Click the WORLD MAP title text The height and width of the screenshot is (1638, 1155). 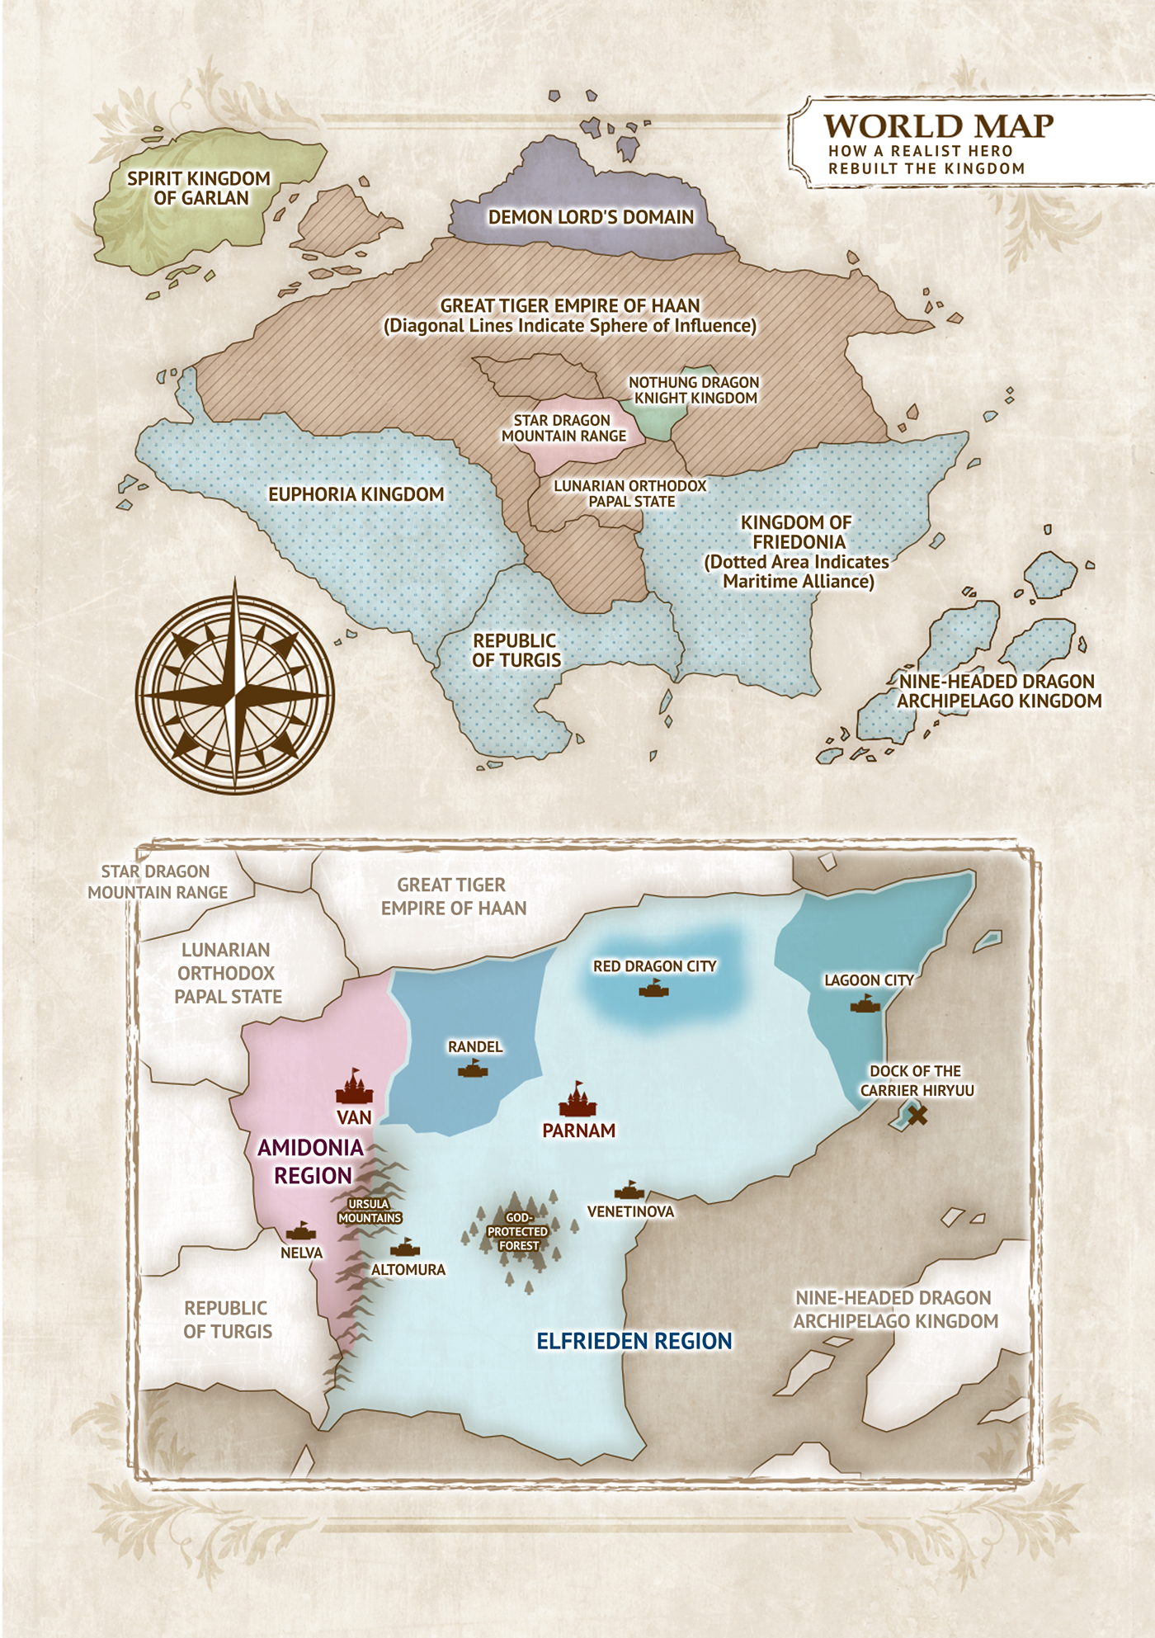[938, 126]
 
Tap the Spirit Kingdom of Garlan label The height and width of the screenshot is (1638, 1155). [200, 188]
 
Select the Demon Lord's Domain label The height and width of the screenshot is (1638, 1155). [591, 217]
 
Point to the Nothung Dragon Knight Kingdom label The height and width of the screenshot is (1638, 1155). [694, 390]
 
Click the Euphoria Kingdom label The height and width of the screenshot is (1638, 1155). [356, 494]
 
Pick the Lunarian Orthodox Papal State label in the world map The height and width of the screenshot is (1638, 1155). [630, 493]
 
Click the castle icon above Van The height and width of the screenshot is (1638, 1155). [354, 1088]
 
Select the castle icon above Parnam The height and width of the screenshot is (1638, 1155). [577, 1100]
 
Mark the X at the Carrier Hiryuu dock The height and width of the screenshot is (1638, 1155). [917, 1116]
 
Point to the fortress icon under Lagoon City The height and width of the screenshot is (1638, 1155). [865, 1003]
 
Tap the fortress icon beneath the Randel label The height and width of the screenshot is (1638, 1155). [473, 1069]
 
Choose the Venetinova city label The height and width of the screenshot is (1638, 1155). [630, 1211]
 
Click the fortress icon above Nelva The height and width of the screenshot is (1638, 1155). [301, 1231]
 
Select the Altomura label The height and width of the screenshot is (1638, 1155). [408, 1270]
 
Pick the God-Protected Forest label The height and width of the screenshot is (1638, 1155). [518, 1231]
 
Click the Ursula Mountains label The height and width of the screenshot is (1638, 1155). [370, 1211]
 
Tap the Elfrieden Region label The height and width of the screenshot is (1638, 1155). [634, 1341]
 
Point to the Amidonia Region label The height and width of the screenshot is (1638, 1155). [311, 1161]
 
